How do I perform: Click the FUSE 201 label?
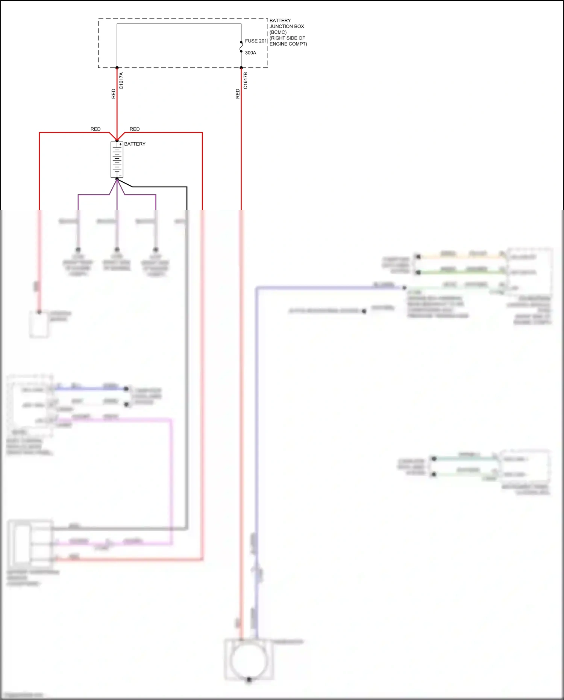pos(256,41)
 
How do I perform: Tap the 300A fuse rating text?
pos(250,53)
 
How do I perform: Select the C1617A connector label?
pos(121,81)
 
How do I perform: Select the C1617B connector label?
pos(246,81)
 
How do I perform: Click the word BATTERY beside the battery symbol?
pos(135,144)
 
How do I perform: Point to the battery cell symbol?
pos(117,159)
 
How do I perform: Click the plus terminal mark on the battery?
pos(120,144)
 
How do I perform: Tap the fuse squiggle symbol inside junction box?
pos(241,47)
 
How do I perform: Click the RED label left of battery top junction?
pos(96,129)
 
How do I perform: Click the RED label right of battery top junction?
pos(135,129)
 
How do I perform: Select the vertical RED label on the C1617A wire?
pos(114,94)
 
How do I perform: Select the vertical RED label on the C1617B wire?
pos(238,94)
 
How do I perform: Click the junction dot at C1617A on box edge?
pos(117,68)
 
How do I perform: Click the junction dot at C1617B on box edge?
pos(241,68)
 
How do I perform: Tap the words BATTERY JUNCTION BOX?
pos(287,23)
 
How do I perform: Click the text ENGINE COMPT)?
pos(288,44)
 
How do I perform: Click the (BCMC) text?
pos(278,32)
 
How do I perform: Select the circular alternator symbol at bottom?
pos(249,660)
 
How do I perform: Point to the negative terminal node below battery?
pos(117,179)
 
